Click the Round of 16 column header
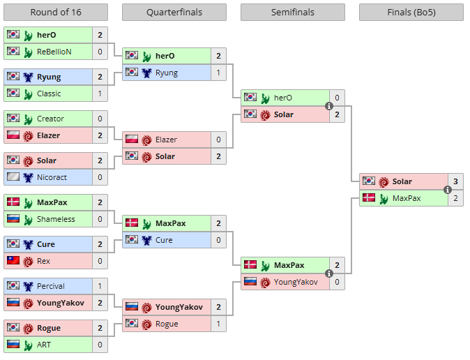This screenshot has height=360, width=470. [x=55, y=13]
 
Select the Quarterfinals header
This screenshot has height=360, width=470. [x=174, y=13]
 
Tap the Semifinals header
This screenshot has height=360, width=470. [x=292, y=13]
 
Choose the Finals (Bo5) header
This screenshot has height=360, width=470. [x=411, y=13]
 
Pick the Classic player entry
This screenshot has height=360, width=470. [x=49, y=93]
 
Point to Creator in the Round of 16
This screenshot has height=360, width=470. [x=50, y=119]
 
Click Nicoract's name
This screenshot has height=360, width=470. [x=52, y=177]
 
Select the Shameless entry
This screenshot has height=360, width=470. [x=56, y=219]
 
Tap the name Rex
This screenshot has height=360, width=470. [x=43, y=261]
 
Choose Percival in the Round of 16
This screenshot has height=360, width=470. [x=51, y=286]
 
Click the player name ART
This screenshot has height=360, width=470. [x=44, y=345]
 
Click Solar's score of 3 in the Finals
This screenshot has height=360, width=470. [x=455, y=181]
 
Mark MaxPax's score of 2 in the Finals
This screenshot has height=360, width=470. [x=455, y=198]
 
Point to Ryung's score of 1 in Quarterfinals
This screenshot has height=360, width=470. [x=218, y=73]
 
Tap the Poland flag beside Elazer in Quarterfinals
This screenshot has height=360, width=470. [x=131, y=140]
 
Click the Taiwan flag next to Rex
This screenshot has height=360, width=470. [x=13, y=261]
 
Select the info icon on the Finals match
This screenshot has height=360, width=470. [x=448, y=190]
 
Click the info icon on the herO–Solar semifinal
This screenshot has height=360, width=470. [x=329, y=106]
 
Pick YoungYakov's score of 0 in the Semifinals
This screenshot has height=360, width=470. [x=337, y=282]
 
